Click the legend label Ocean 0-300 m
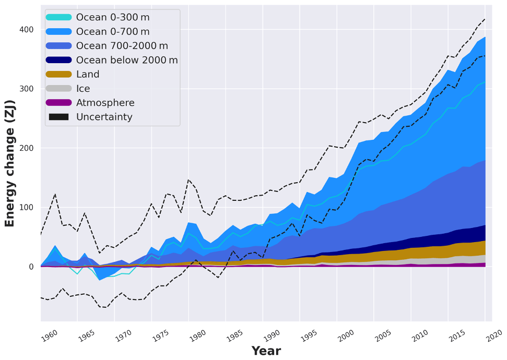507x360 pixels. tap(113, 17)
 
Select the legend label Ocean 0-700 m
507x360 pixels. tap(113, 32)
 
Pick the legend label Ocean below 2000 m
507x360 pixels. tap(127, 60)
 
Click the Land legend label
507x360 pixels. tap(88, 75)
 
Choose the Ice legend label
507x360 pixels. tap(83, 89)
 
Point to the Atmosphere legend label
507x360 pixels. tap(105, 103)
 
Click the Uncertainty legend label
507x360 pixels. tap(104, 117)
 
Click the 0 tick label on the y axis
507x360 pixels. tap(31, 267)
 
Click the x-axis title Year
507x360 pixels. tap(266, 351)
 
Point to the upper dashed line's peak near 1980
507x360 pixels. tap(189, 179)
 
